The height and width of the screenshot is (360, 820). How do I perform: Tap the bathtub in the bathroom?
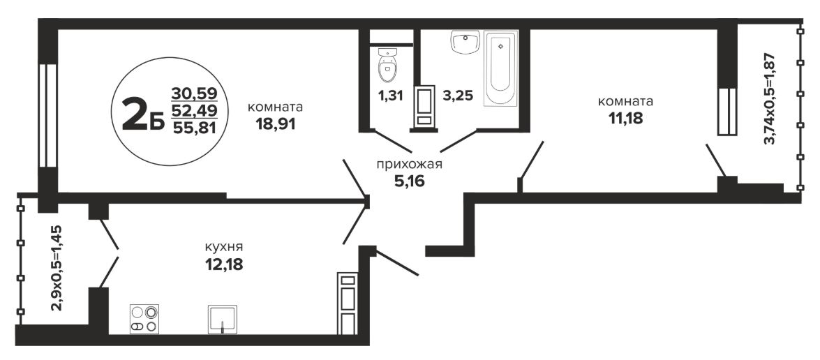tap(500, 68)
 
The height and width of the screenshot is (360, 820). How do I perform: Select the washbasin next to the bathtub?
tap(465, 42)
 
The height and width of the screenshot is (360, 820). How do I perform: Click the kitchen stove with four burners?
tap(144, 320)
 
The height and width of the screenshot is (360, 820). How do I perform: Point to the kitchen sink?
tap(222, 320)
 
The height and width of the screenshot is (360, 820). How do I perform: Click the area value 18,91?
tap(276, 124)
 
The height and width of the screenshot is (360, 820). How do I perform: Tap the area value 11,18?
tap(625, 118)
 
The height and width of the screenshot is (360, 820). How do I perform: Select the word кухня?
tap(224, 246)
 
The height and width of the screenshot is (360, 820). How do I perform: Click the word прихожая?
tap(410, 165)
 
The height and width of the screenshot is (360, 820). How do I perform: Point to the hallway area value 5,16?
tap(409, 181)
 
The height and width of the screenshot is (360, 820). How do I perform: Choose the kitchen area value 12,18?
tap(224, 264)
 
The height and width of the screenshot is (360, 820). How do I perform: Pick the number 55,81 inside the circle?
tap(194, 127)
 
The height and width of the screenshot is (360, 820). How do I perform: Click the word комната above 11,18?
tap(625, 101)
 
